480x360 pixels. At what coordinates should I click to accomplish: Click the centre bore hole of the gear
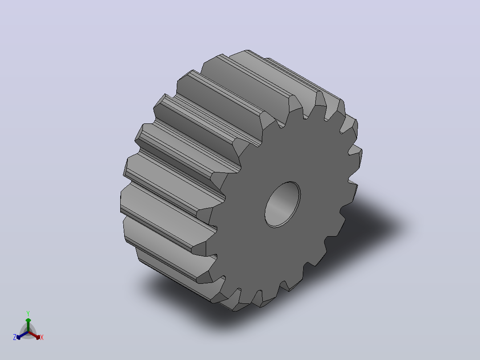(x=283, y=205)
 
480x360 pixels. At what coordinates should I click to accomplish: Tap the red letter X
(x=42, y=337)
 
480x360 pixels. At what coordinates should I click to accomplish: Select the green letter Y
(x=28, y=313)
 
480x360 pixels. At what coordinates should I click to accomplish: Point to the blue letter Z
(x=14, y=337)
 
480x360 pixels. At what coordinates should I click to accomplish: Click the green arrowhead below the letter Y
(x=28, y=320)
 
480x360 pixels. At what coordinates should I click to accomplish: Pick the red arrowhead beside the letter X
(x=38, y=337)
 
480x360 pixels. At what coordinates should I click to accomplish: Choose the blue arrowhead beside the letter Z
(x=19, y=337)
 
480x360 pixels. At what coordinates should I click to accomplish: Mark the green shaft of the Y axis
(x=28, y=327)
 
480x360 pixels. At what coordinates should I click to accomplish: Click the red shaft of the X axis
(x=33, y=335)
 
